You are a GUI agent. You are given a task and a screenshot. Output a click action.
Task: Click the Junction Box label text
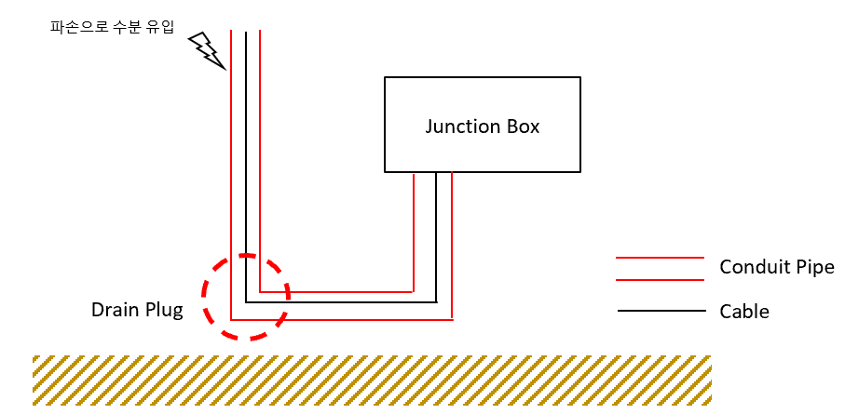[483, 127]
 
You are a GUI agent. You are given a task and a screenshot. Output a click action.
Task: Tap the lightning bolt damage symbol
[206, 50]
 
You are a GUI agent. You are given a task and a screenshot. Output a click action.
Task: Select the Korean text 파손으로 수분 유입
[112, 26]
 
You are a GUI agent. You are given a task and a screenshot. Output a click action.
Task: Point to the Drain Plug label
[137, 310]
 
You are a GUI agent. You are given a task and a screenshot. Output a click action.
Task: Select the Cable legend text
[744, 312]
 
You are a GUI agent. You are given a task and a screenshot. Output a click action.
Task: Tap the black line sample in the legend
[661, 311]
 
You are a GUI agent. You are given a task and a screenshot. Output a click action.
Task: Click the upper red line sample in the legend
[661, 258]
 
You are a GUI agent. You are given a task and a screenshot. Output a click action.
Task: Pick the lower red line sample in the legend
[661, 279]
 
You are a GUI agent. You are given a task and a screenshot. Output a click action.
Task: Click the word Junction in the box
[462, 127]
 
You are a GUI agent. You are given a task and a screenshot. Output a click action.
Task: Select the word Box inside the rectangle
[524, 127]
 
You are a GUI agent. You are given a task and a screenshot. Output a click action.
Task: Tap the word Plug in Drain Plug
[163, 310]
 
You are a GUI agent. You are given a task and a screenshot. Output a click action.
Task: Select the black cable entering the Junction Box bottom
[436, 233]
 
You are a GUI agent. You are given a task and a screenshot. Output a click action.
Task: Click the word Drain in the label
[115, 310]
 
